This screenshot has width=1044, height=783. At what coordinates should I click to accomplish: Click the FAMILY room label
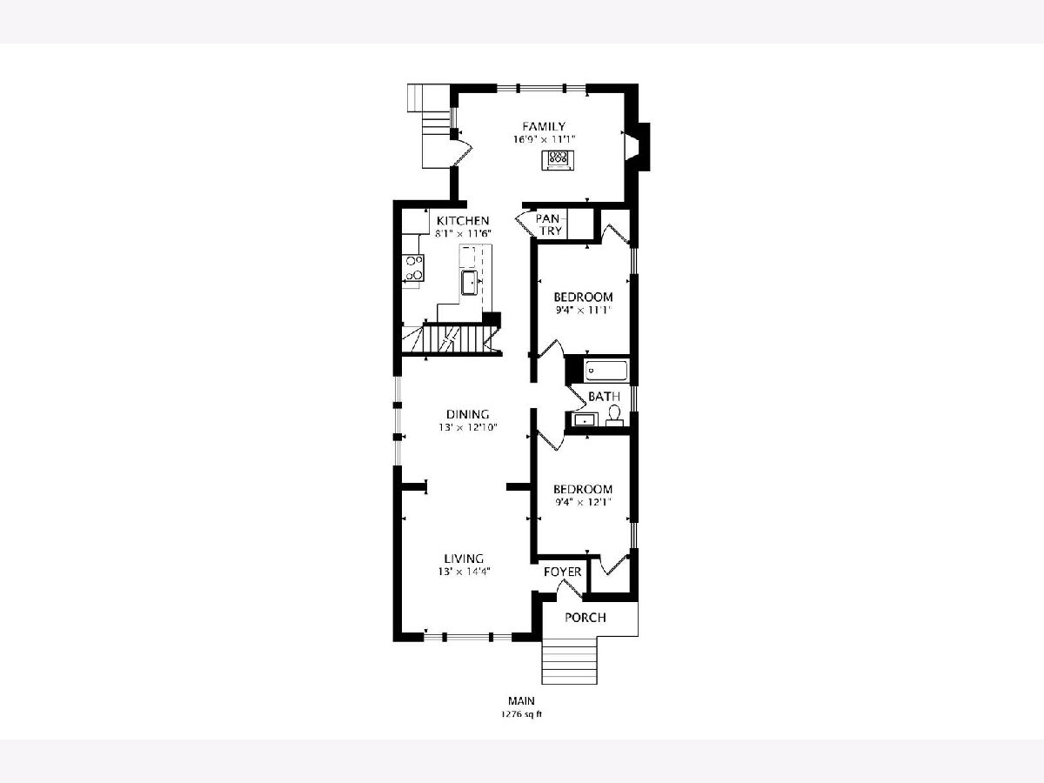[544, 126]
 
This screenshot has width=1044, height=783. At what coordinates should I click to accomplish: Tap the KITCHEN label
[463, 221]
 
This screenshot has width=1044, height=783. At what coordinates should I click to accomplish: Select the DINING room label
[467, 414]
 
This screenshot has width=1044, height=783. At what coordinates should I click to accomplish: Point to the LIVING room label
[464, 559]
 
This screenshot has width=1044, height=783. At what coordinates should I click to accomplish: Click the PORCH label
[585, 618]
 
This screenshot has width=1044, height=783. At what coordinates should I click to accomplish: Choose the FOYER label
[563, 572]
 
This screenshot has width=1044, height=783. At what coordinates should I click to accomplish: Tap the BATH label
[604, 397]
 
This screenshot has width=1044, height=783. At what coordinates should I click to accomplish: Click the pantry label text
[551, 224]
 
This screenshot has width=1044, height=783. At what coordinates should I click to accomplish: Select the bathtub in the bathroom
[606, 371]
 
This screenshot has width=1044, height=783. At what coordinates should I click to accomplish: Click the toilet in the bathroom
[614, 417]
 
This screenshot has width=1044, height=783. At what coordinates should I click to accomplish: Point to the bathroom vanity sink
[582, 420]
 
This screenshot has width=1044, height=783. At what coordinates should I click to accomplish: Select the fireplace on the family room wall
[638, 147]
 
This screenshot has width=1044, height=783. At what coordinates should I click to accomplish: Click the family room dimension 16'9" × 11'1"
[544, 140]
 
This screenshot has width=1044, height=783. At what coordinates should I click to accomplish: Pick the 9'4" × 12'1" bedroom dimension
[583, 502]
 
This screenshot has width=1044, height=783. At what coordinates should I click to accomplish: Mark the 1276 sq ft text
[521, 714]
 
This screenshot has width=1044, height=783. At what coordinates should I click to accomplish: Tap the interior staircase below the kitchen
[450, 338]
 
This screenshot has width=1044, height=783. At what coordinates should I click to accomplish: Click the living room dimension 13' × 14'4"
[464, 572]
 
